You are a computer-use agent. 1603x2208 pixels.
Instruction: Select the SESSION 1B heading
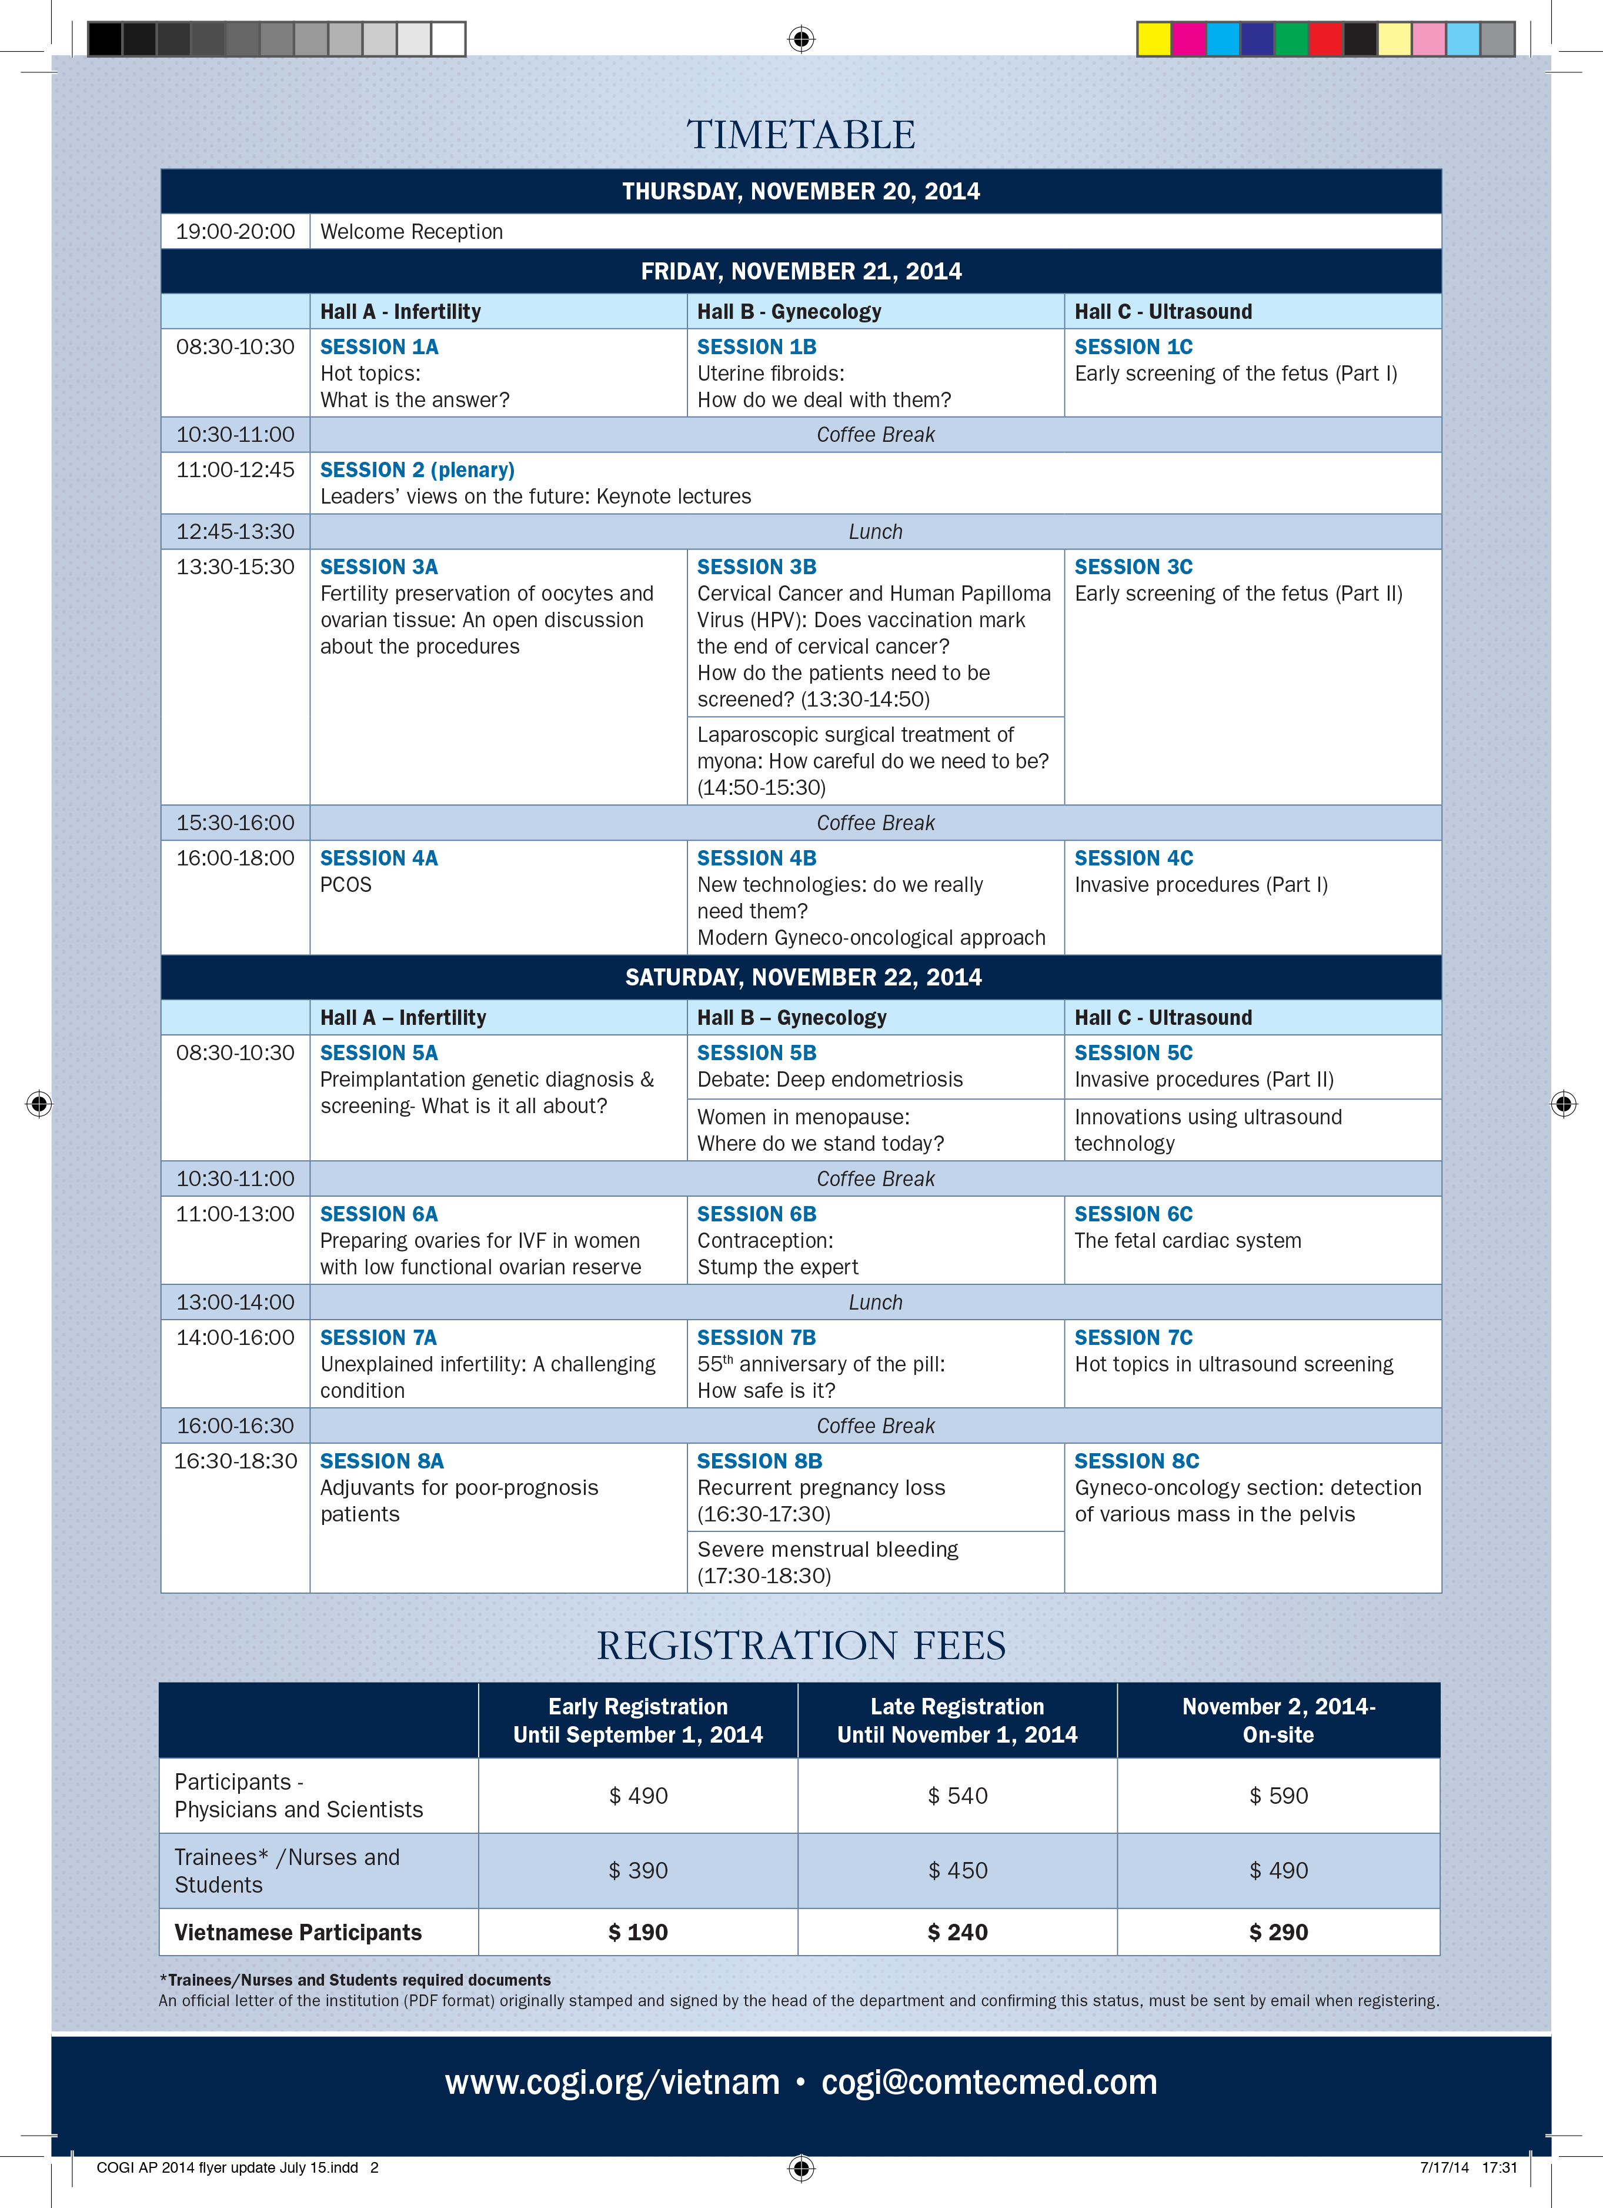(x=756, y=347)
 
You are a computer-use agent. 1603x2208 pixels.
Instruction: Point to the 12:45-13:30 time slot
(x=235, y=532)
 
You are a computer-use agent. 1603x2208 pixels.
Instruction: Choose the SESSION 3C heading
(x=1133, y=567)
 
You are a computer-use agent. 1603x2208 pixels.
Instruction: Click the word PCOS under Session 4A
(x=346, y=884)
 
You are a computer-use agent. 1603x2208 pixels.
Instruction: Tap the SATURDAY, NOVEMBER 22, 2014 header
(x=802, y=977)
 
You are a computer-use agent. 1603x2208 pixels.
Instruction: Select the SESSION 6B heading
(x=756, y=1214)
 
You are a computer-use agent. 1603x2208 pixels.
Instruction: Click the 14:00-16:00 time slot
(x=235, y=1338)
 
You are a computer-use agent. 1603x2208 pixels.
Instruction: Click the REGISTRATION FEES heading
(x=800, y=1646)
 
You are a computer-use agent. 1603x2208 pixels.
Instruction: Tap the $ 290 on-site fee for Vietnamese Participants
(x=1277, y=1933)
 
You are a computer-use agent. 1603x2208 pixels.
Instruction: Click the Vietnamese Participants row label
(x=298, y=1933)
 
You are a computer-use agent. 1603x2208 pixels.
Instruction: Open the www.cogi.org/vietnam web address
(x=612, y=2083)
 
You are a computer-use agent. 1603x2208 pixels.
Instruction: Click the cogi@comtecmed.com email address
(x=989, y=2083)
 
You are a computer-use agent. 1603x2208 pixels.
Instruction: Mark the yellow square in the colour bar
(x=1153, y=39)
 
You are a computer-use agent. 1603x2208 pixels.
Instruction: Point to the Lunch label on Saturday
(x=875, y=1303)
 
